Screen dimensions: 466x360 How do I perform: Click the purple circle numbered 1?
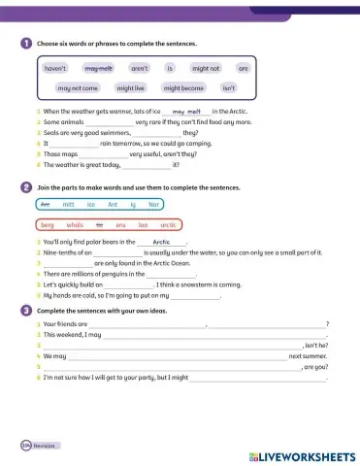coord(25,44)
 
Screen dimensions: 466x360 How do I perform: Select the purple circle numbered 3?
coord(25,310)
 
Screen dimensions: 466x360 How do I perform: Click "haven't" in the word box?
coord(56,69)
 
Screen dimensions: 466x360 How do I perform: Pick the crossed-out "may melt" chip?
coord(99,69)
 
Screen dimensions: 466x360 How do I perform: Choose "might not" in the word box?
coord(206,69)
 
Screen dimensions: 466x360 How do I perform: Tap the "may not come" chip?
coord(78,87)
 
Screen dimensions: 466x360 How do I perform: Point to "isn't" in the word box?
coord(229,87)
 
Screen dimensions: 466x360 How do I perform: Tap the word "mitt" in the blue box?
coord(68,205)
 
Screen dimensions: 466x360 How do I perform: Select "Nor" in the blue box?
coord(153,205)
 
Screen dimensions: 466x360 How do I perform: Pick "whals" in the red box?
coord(75,224)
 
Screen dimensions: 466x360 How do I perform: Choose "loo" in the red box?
coord(143,224)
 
